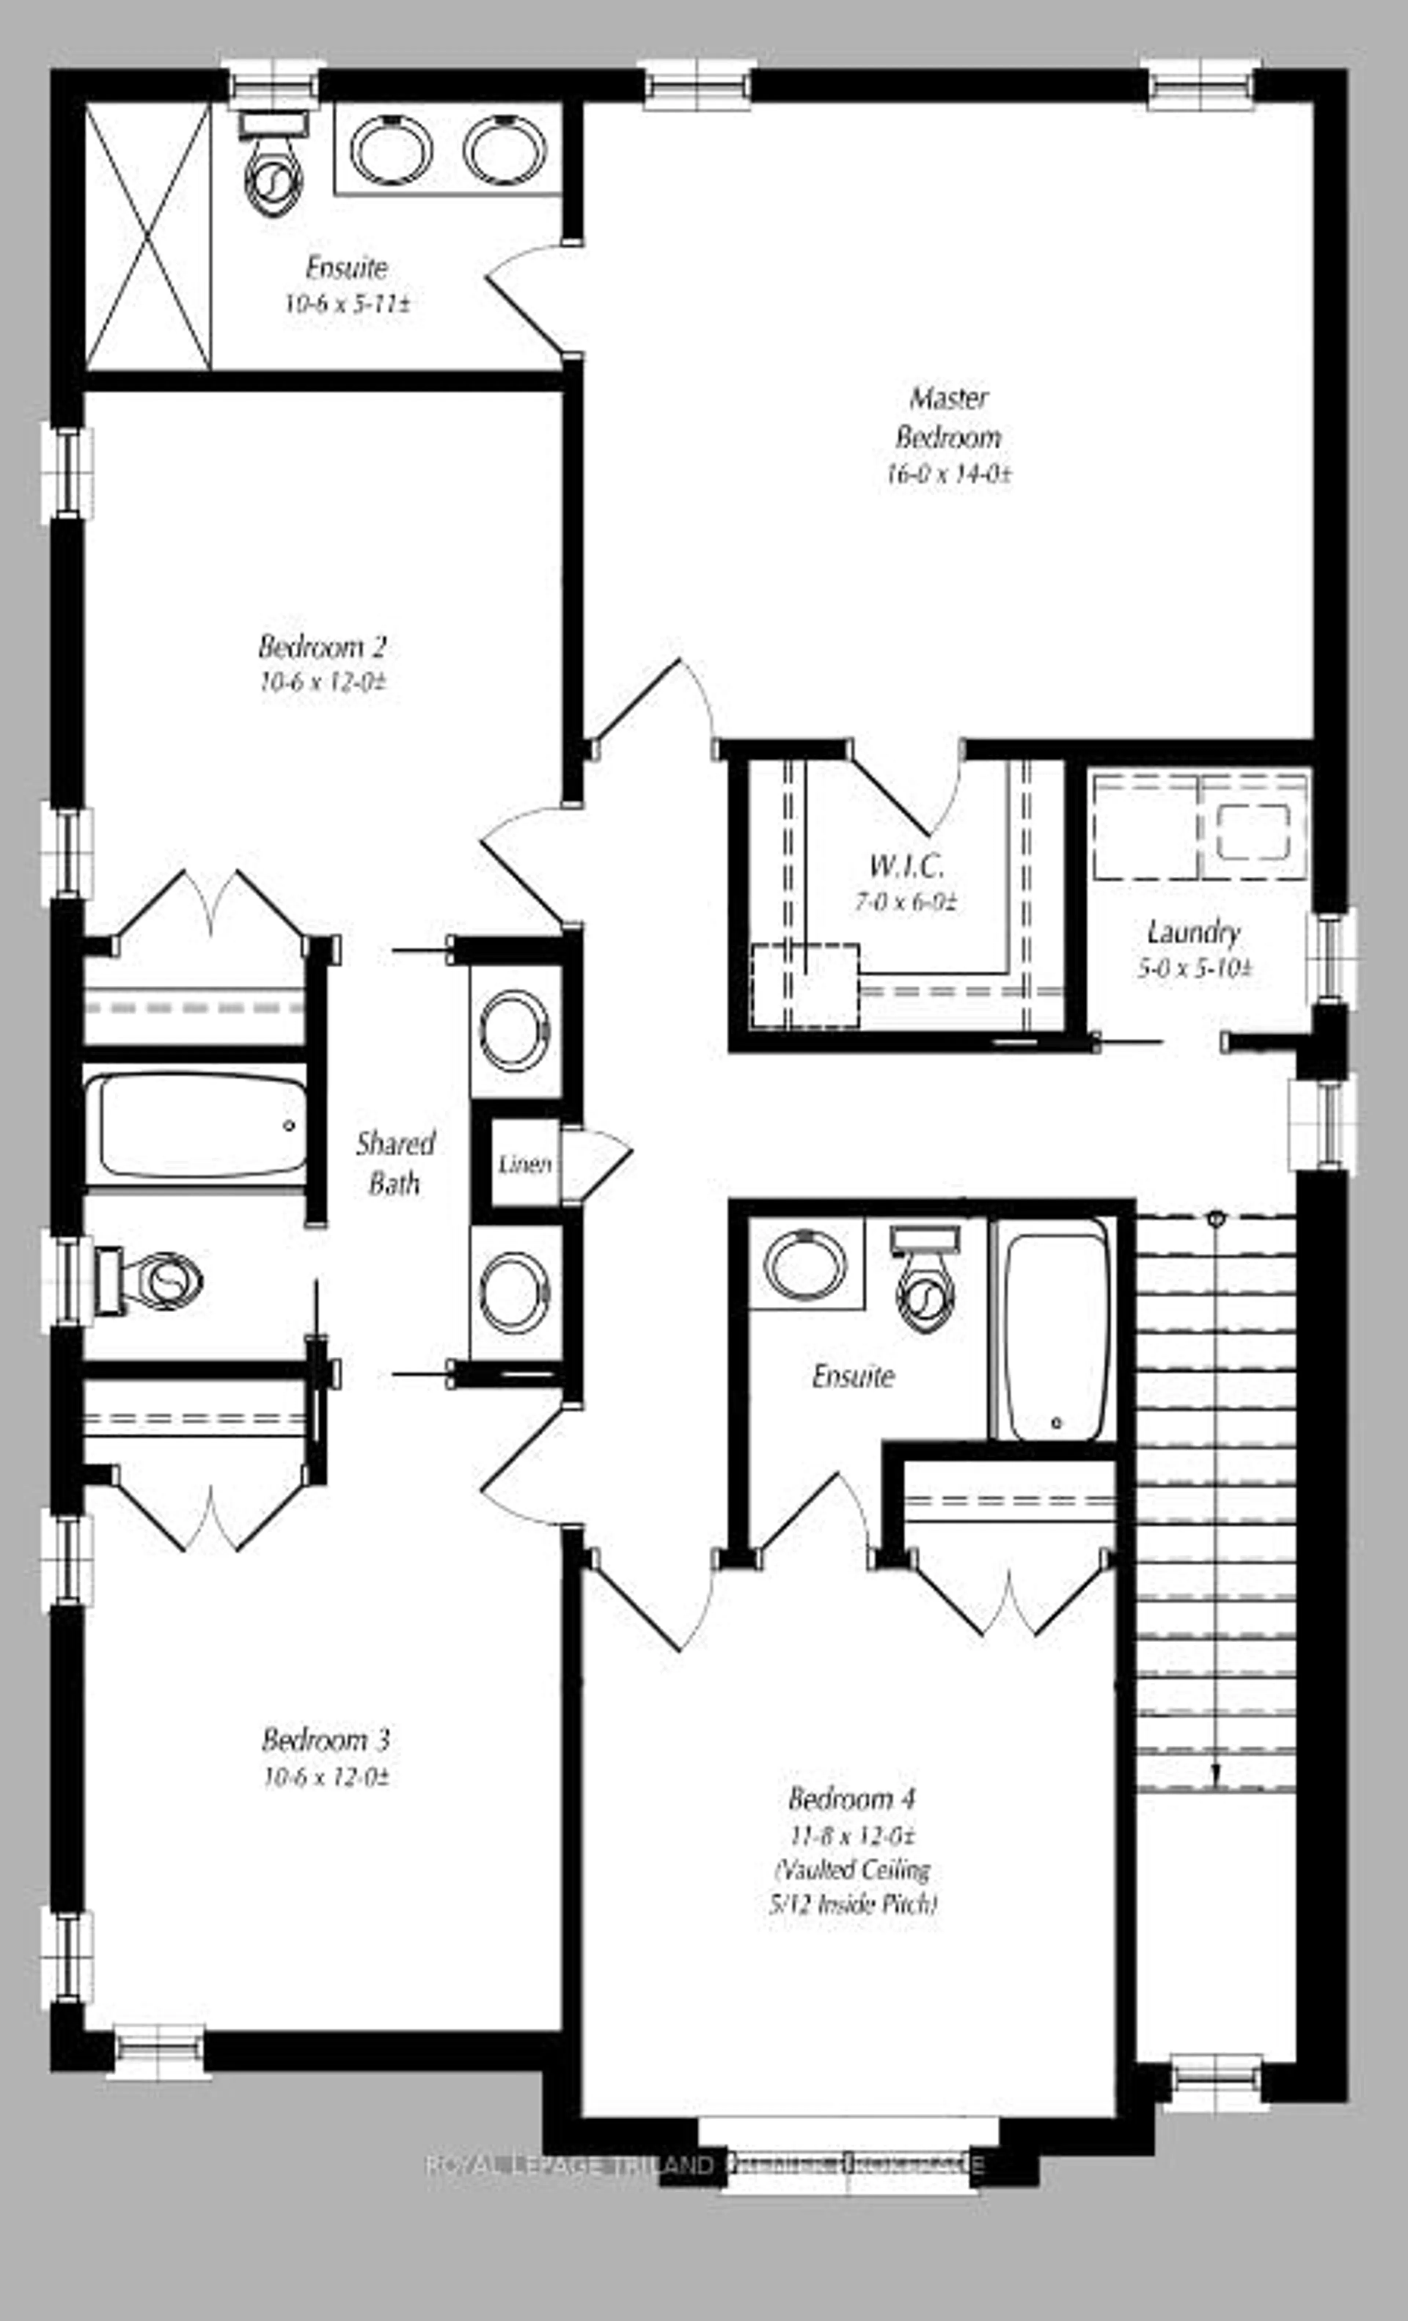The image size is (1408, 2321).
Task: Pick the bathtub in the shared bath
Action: [196, 1126]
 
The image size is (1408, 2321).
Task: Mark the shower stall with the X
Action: [148, 235]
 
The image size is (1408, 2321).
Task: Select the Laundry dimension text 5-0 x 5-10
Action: [1194, 968]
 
